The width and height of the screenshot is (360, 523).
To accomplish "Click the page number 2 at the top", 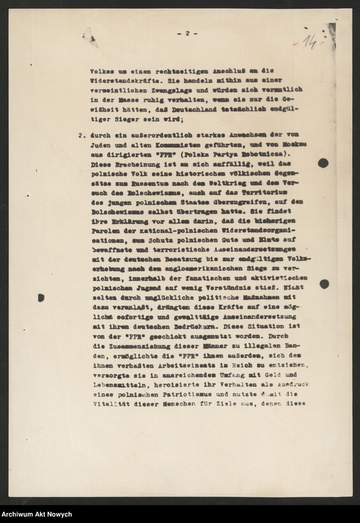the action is pos(186,34).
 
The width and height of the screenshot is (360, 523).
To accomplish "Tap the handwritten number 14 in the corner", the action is pos(310,42).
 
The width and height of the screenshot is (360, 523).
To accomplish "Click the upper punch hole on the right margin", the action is pos(323,163).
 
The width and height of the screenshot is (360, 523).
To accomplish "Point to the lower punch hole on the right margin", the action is pos(324,284).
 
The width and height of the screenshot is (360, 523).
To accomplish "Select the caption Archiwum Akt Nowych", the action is pos(36,514).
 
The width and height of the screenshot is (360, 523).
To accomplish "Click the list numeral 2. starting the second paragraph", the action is pos(81,134).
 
